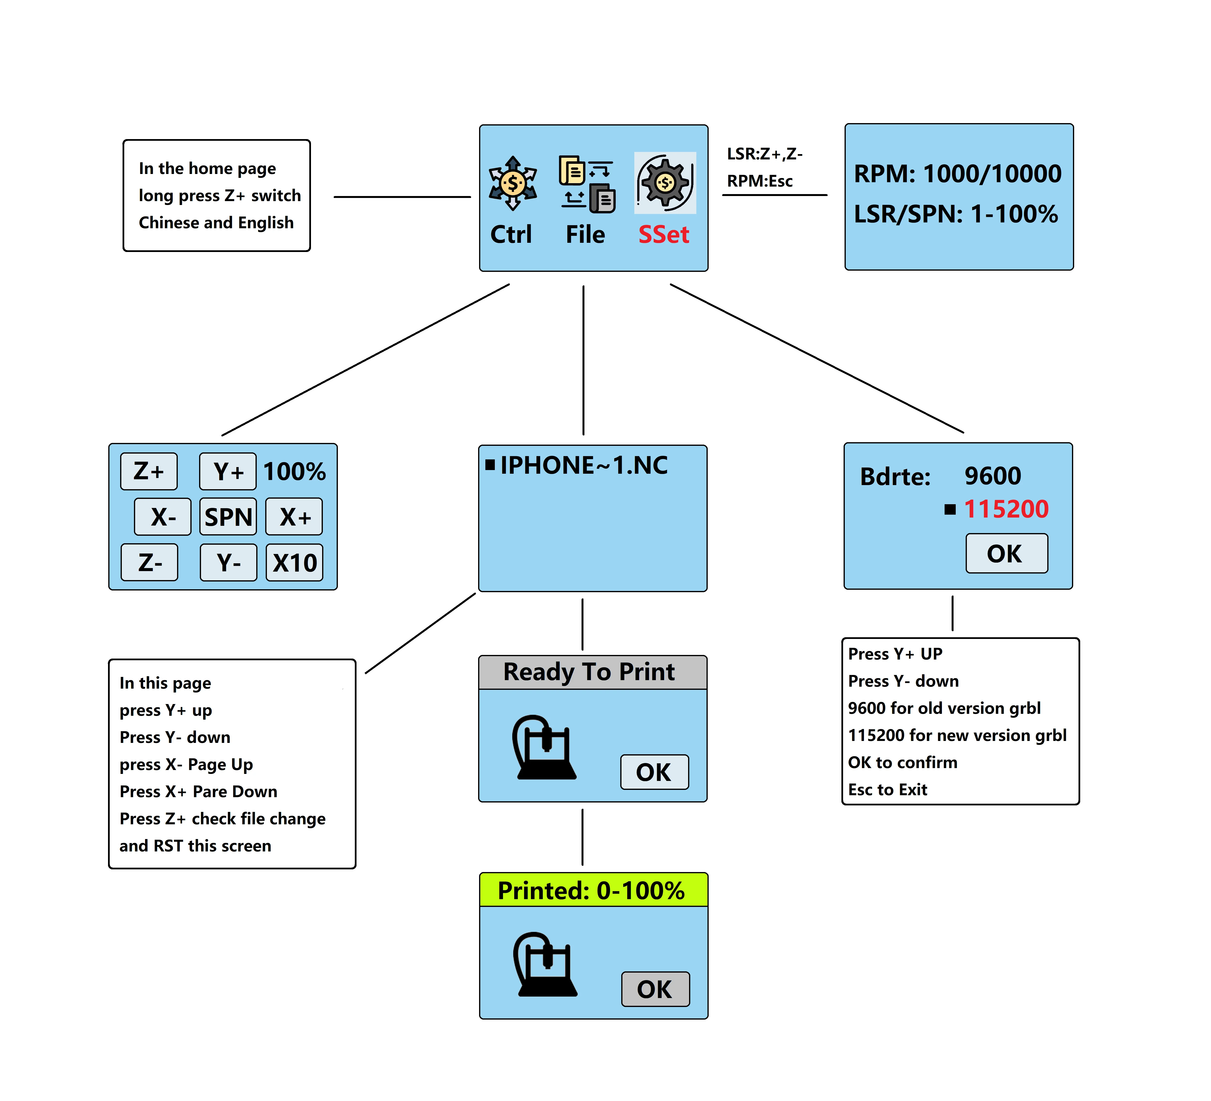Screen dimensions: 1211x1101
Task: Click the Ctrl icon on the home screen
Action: [512, 183]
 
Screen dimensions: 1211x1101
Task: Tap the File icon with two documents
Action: [587, 184]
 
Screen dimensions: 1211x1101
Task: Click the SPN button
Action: [228, 517]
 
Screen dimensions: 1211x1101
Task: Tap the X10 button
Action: [294, 563]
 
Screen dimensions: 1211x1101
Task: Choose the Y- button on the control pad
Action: [228, 563]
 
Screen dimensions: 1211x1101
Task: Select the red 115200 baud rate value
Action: [1006, 509]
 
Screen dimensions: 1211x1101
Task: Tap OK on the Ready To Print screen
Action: [654, 772]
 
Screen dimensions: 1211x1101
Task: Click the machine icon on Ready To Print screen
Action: [544, 748]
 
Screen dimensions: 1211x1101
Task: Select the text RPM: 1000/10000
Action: [957, 174]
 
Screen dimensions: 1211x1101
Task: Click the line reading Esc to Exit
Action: [887, 790]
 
